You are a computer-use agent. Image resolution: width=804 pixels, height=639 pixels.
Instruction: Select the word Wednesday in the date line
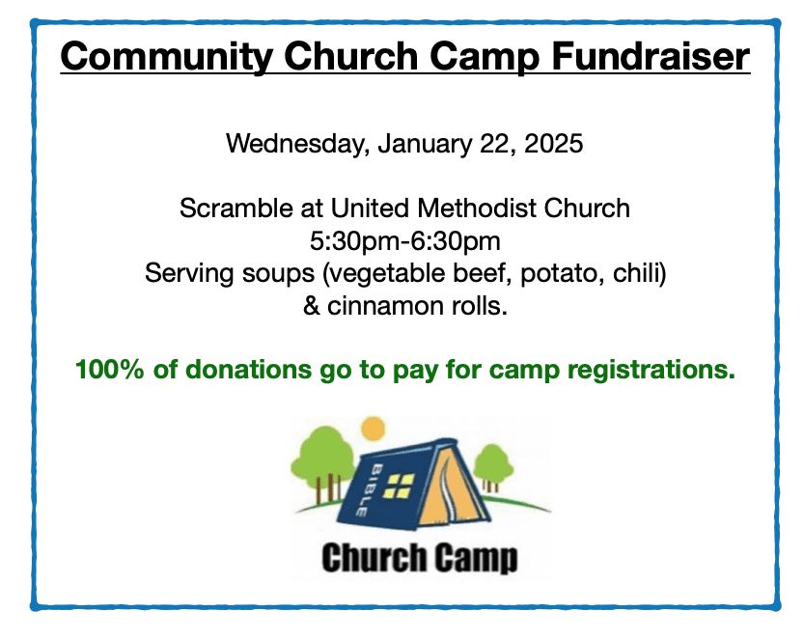point(294,145)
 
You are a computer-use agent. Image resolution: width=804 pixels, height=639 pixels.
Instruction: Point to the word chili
point(638,273)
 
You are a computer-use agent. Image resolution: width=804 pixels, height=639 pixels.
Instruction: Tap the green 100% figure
point(109,369)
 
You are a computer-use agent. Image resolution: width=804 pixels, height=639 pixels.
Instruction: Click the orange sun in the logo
point(370,429)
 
